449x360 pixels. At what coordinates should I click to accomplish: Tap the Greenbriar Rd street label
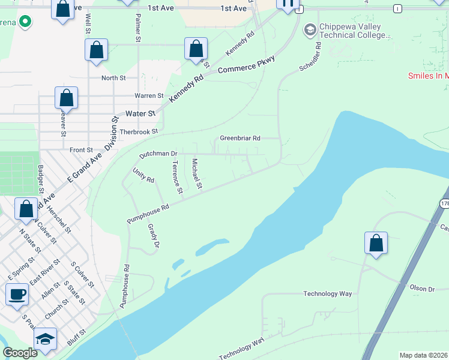coord(240,138)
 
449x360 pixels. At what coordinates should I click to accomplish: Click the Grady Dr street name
coord(153,236)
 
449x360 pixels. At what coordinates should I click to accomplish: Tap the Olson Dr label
coord(422,289)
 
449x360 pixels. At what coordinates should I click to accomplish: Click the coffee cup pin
coord(17,295)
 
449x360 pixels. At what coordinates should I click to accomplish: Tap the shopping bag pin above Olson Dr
coord(376,243)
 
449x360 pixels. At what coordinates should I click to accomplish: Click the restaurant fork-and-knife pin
coord(288,4)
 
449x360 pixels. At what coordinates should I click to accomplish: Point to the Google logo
coord(20,353)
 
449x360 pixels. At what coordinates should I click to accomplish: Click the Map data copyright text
coord(423,355)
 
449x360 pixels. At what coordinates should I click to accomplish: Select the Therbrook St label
coord(139,131)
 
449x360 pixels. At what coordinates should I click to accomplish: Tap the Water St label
coord(140,113)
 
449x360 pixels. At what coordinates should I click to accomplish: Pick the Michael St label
coord(196,173)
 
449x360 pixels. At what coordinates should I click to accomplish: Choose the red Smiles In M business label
coord(428,76)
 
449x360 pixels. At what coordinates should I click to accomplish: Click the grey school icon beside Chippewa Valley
coord(310,29)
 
